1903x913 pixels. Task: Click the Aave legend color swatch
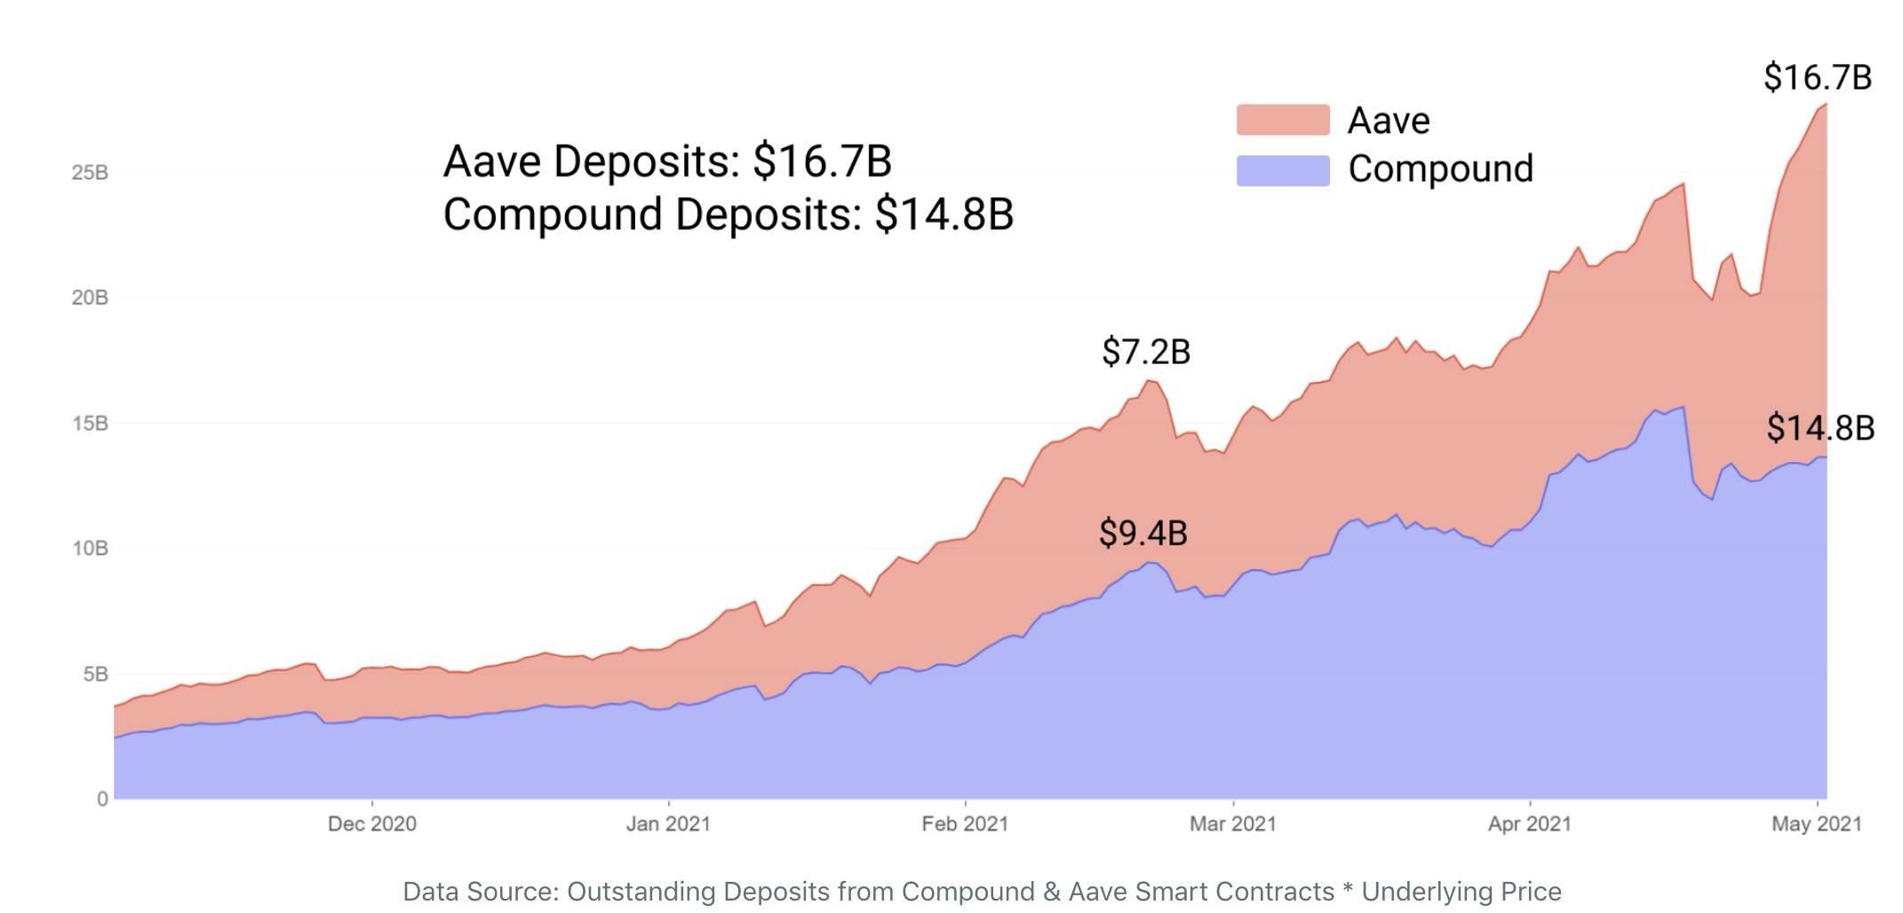(x=1282, y=120)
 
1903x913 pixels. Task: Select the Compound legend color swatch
(x=1282, y=170)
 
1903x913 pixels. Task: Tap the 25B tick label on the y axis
(x=90, y=172)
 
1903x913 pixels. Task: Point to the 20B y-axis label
(x=90, y=298)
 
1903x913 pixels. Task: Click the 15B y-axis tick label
(x=90, y=423)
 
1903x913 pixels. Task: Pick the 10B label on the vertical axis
(x=90, y=548)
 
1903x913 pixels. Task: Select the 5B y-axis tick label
(x=95, y=674)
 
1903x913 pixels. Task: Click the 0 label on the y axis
(x=102, y=799)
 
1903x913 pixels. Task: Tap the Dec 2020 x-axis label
(x=371, y=824)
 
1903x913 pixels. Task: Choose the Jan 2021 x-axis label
(x=668, y=824)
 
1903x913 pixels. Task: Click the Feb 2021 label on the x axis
(x=965, y=824)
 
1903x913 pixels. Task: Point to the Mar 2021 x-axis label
(x=1232, y=824)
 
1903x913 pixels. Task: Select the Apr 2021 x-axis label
(x=1529, y=824)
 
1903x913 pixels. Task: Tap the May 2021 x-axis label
(x=1816, y=824)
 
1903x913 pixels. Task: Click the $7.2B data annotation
(x=1146, y=352)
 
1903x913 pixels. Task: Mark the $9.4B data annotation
(x=1143, y=533)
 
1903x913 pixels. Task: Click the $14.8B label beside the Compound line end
(x=1820, y=428)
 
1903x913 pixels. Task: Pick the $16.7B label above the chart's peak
(x=1818, y=77)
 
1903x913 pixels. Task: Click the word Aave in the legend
(x=1389, y=121)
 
